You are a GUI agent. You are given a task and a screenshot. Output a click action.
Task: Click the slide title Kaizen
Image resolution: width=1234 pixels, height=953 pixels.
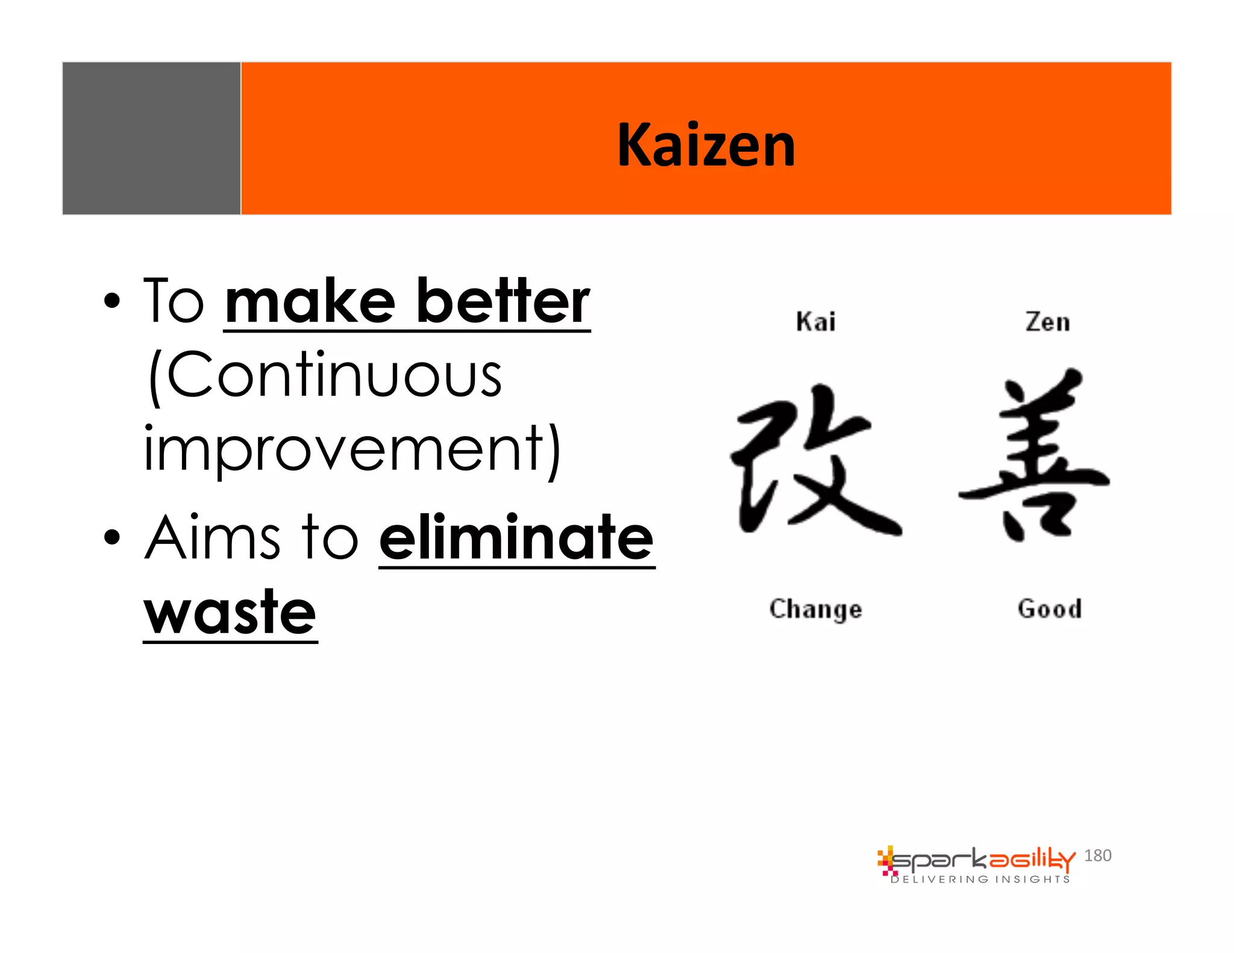coord(706,145)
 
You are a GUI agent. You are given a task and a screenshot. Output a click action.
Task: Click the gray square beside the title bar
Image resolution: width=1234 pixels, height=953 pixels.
coord(151,138)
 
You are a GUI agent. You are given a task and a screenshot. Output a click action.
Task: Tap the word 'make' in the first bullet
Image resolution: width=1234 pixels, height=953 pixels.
coord(310,301)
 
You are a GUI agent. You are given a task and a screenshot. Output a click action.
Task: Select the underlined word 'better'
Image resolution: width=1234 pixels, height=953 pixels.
coord(503,301)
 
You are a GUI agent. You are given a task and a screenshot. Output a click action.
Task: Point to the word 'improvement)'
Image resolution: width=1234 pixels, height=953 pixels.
coord(352,449)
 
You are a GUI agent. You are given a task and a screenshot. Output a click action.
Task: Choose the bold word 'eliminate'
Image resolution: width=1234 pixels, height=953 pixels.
coord(516,537)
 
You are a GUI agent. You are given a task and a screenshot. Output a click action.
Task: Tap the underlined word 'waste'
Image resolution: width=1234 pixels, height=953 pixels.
coord(230,613)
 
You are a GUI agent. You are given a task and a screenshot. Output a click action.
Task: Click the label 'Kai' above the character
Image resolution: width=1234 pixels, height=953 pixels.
coord(816,322)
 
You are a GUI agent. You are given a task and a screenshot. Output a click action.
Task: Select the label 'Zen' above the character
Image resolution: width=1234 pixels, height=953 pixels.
coord(1048,322)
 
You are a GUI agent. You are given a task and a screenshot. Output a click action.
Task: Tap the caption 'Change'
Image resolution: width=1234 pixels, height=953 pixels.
coord(816,609)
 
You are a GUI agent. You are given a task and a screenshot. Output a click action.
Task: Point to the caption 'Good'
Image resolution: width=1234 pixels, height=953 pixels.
coord(1050,608)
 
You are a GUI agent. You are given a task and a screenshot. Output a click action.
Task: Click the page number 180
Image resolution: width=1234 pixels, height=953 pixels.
coord(1097,855)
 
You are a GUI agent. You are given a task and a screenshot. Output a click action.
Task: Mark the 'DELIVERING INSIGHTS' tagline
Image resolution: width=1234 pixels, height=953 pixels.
coord(980,880)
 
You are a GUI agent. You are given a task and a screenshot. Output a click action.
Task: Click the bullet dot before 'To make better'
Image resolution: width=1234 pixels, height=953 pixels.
coord(112,301)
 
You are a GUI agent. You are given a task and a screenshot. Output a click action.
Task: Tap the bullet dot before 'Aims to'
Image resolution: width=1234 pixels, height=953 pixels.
coord(112,537)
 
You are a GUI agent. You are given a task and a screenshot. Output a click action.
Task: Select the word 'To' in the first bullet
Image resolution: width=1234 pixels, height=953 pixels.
coord(174,301)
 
